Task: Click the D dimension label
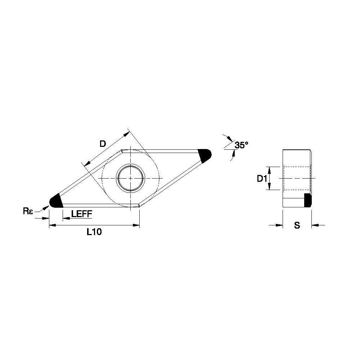(103, 144)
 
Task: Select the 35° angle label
(241, 145)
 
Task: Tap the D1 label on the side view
(262, 179)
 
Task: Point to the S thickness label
(297, 225)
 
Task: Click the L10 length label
(94, 232)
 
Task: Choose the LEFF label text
(82, 214)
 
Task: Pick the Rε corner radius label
(28, 211)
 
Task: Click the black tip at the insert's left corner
(56, 201)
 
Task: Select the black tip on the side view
(308, 200)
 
